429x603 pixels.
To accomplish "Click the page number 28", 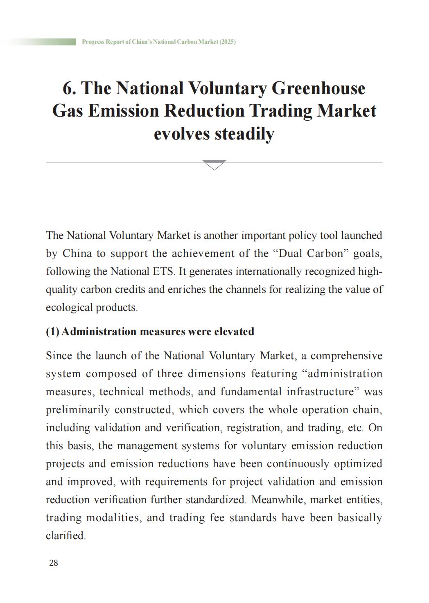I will (x=54, y=563).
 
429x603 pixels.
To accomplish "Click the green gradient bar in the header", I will (x=41, y=42).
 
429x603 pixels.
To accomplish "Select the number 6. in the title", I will (x=70, y=88).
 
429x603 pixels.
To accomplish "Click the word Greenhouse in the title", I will (x=318, y=88).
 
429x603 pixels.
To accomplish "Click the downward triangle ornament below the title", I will (x=214, y=164).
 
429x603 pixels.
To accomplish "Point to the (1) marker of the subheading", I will (x=52, y=331).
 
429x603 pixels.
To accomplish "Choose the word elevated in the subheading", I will (x=234, y=331).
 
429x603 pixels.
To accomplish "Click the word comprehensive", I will (x=346, y=355).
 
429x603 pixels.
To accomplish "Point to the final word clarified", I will (x=65, y=535).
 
